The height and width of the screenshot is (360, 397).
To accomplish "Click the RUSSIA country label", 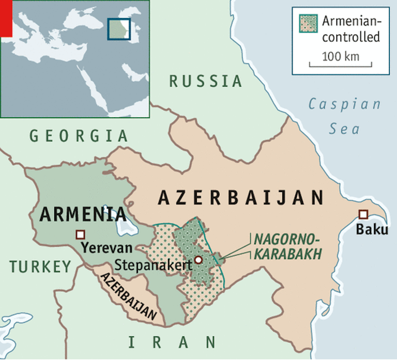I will pos(206,81).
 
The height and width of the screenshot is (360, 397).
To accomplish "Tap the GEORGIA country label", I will pos(79,136).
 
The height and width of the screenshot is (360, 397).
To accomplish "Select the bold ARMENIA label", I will pos(83,213).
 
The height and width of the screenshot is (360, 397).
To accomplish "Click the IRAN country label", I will pos(172,341).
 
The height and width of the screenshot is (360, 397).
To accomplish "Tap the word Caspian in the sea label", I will pos(344,104).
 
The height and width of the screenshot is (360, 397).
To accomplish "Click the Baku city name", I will pos(372,230).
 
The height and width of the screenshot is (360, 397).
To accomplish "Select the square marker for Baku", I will pos(363,214).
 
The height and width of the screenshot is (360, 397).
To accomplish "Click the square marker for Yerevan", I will pos(80,234).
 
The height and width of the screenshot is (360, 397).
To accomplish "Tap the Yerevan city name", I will pos(106,247).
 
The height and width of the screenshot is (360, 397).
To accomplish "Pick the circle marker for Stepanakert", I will pos(198,260).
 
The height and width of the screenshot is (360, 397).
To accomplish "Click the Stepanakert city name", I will pos(154,265).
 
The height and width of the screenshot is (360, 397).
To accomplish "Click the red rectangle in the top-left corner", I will pos(6,19).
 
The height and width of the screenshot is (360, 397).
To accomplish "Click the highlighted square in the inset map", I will pos(118,28).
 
